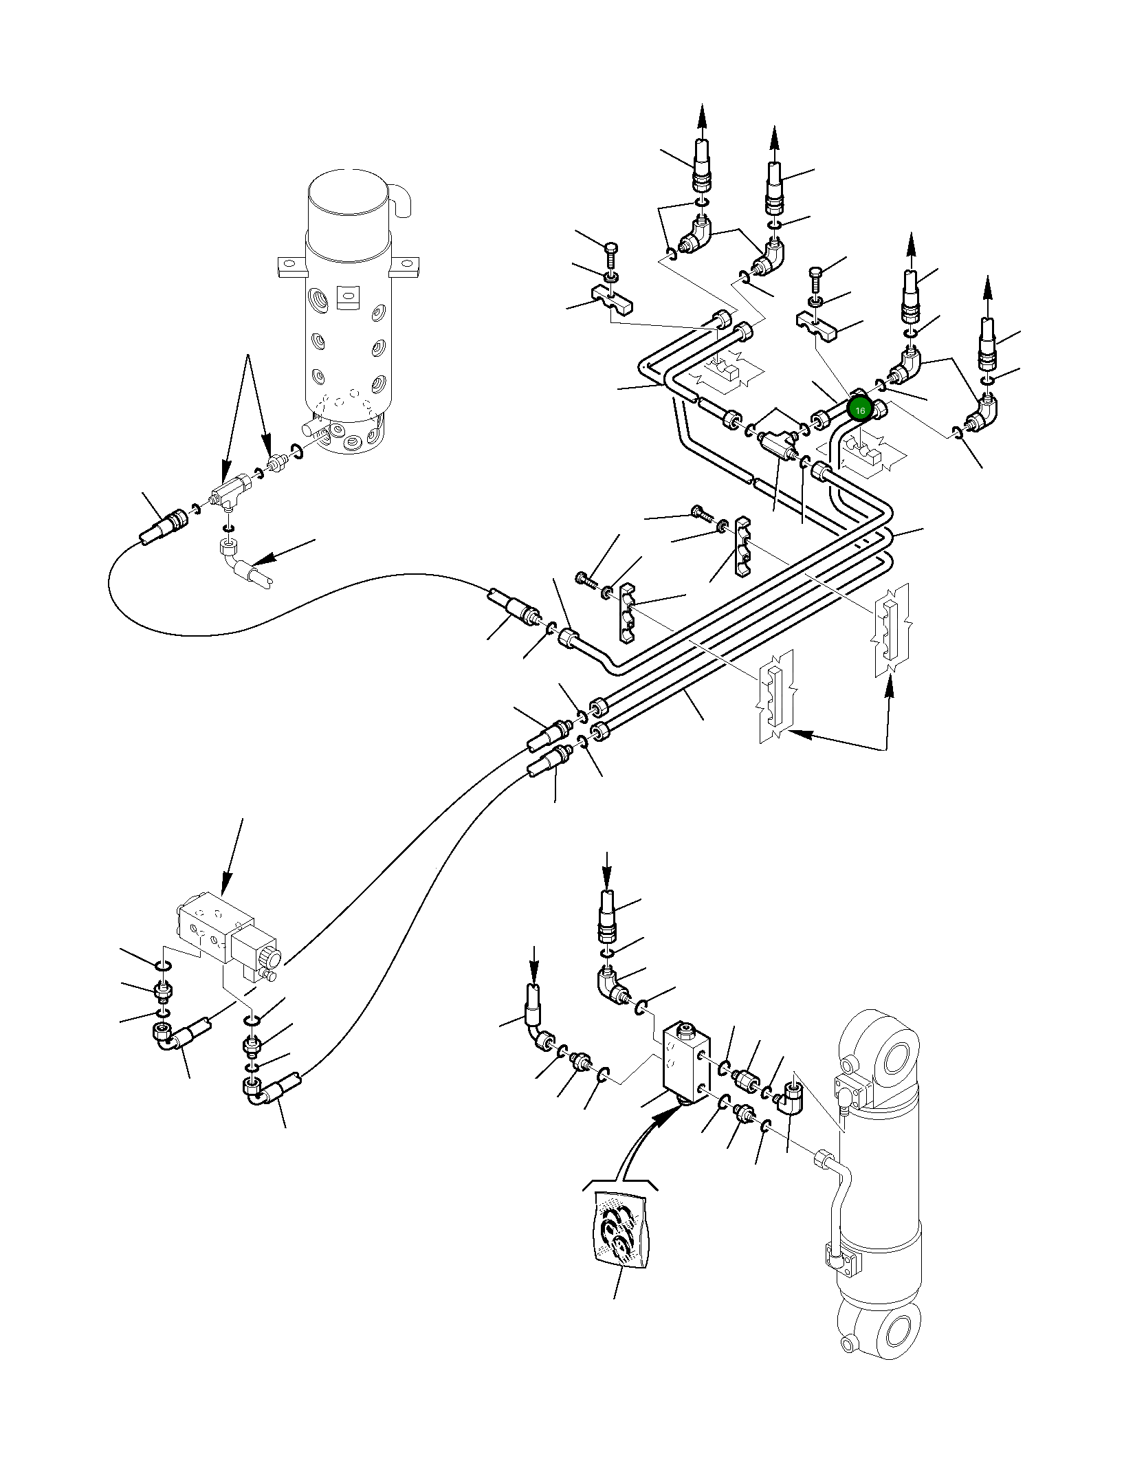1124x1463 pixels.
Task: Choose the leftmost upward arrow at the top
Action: (x=702, y=118)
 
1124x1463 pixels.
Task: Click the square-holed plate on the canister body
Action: (x=348, y=296)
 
